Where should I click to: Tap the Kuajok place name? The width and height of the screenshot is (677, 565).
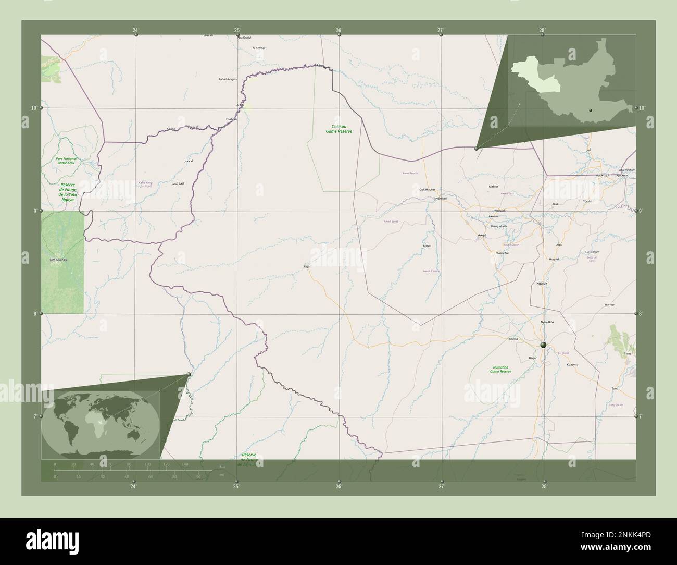click(x=542, y=283)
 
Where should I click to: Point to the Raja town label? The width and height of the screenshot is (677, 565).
click(x=306, y=266)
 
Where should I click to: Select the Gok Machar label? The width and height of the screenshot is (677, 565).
click(x=427, y=189)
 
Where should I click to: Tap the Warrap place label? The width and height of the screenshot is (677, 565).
click(x=609, y=304)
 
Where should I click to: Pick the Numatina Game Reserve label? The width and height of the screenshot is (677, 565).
click(x=501, y=369)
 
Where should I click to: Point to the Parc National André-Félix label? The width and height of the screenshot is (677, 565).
click(x=67, y=161)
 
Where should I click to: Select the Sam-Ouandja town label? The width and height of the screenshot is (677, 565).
click(x=58, y=259)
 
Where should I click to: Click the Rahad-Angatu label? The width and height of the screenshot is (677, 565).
click(x=228, y=79)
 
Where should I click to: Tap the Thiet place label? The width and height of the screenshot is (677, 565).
click(x=627, y=353)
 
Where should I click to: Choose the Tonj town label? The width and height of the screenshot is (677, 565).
click(x=615, y=389)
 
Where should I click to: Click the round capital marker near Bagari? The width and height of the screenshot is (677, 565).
click(x=543, y=345)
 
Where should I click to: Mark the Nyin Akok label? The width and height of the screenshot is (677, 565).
click(x=547, y=322)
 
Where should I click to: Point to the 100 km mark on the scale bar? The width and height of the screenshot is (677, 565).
click(x=147, y=463)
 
